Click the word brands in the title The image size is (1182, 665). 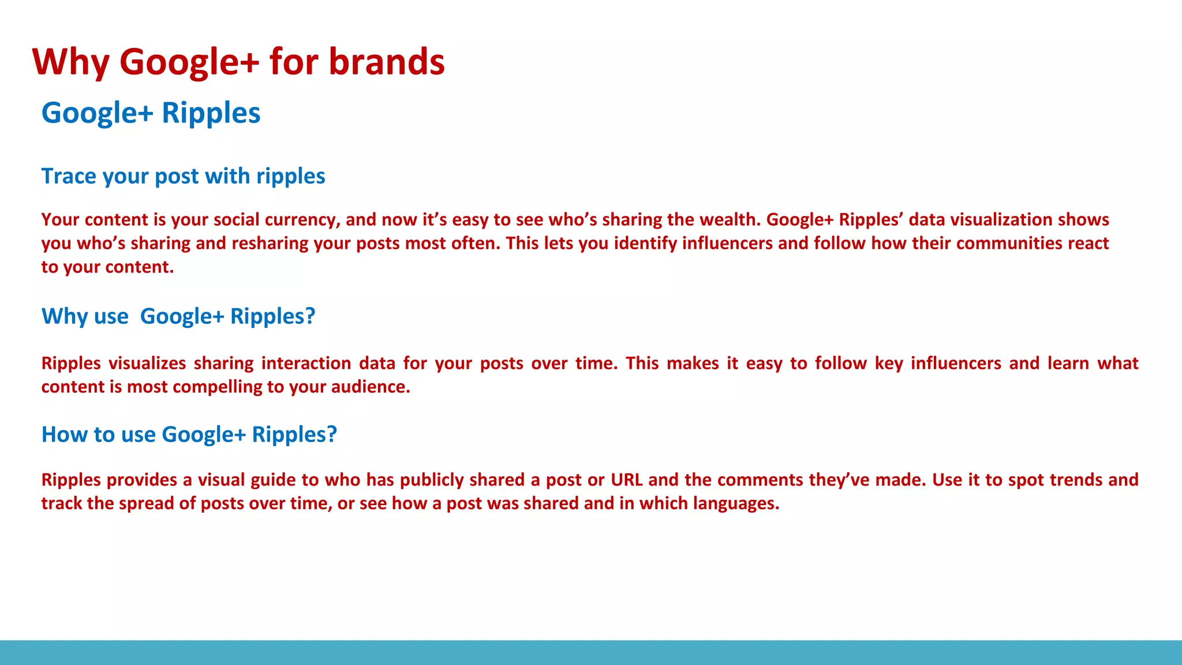tap(386, 62)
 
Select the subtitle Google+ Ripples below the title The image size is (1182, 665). tap(151, 113)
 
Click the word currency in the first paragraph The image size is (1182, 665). tap(302, 220)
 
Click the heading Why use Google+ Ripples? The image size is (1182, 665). tap(178, 316)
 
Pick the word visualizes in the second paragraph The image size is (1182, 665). tap(147, 364)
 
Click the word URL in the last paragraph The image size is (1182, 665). tap(626, 480)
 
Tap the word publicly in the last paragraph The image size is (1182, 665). tap(432, 480)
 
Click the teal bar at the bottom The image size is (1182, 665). tap(591, 652)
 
